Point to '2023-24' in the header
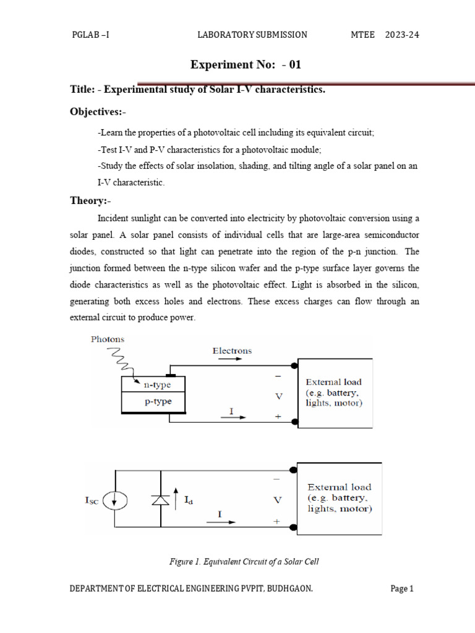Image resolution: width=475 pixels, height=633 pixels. pyautogui.click(x=402, y=35)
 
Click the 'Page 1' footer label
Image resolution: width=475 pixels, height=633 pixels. pyautogui.click(x=402, y=589)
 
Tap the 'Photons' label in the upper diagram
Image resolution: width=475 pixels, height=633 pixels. pyautogui.click(x=108, y=339)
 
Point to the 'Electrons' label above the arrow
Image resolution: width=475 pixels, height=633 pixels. pyautogui.click(x=232, y=351)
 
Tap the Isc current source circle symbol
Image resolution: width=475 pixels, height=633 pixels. pyautogui.click(x=114, y=501)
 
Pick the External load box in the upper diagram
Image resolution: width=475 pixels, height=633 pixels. pyautogui.click(x=335, y=393)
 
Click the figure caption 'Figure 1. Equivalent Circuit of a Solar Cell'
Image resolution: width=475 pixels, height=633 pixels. pyautogui.click(x=244, y=561)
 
